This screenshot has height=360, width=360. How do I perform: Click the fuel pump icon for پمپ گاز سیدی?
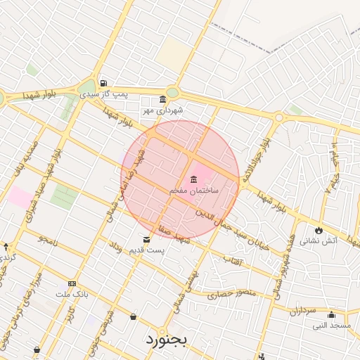point(104,82)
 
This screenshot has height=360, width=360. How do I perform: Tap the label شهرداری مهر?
point(162,110)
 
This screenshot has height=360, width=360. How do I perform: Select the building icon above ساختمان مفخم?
point(194,178)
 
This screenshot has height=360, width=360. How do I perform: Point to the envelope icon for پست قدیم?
point(146,239)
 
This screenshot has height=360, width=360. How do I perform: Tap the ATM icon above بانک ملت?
point(73,283)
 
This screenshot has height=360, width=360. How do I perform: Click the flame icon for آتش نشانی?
point(319,229)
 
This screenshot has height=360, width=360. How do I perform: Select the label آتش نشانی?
point(319,240)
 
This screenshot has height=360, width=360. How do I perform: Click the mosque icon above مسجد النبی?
point(331,314)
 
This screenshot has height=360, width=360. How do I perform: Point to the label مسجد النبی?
point(331,326)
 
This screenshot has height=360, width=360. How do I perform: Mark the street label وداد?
point(115,247)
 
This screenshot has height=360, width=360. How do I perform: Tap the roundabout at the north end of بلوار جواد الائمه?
point(279,118)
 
